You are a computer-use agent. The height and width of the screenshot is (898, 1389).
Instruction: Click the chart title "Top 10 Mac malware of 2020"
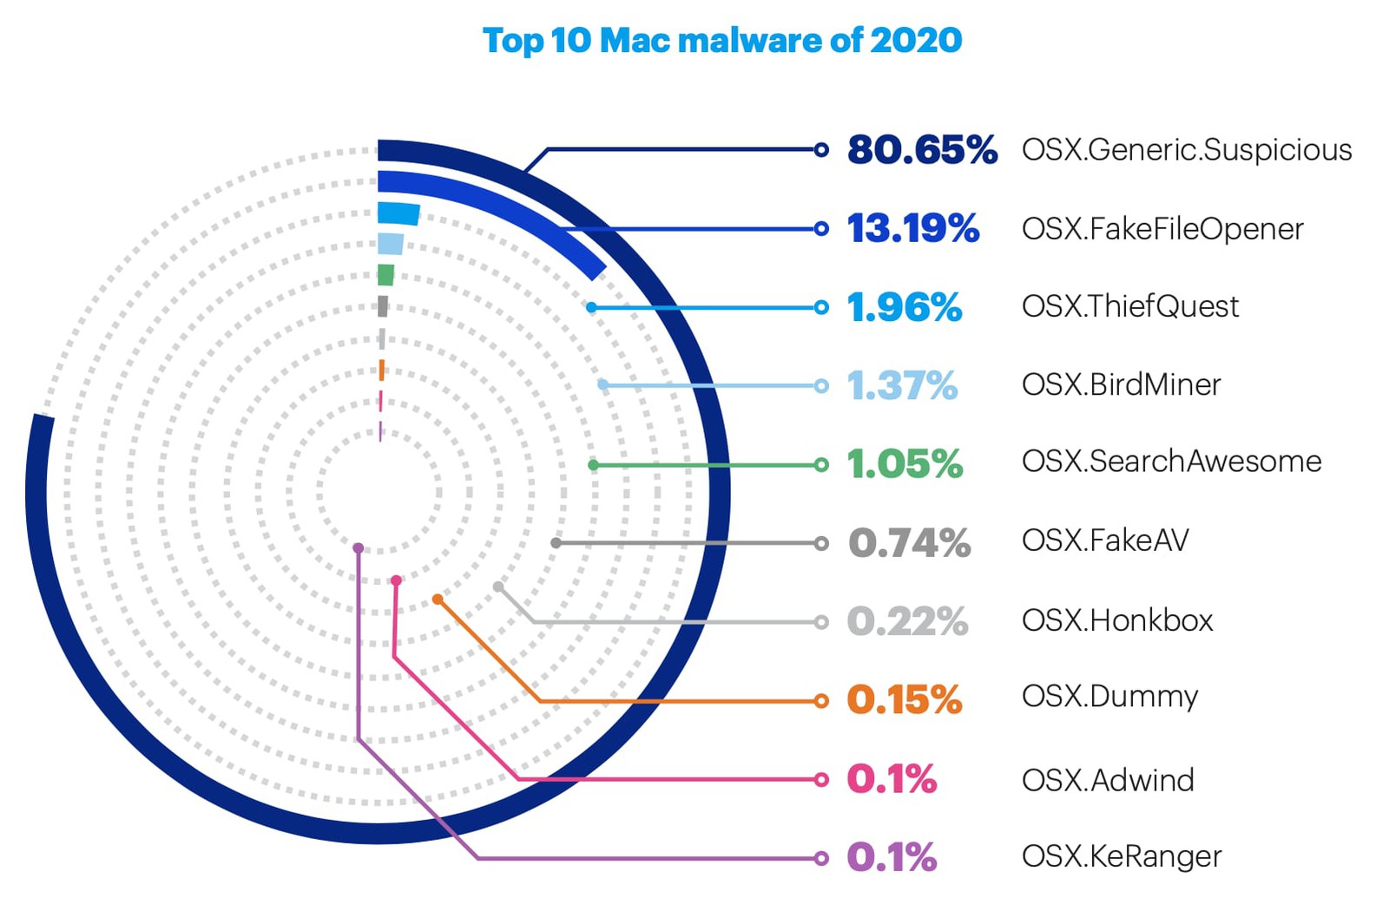tap(721, 41)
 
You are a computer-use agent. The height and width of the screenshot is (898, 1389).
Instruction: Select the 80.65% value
tap(922, 150)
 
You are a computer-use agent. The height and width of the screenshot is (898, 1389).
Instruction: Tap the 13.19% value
tap(912, 229)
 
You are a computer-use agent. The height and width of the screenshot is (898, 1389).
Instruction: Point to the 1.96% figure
tap(904, 307)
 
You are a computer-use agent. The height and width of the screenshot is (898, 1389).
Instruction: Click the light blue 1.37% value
tap(902, 386)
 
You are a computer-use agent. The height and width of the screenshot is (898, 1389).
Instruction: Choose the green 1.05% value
tap(905, 464)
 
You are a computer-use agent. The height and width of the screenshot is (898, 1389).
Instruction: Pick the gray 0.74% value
tap(909, 543)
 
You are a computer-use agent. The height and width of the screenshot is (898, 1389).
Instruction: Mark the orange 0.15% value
tap(904, 700)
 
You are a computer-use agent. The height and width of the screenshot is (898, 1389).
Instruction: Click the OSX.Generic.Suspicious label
tap(1186, 150)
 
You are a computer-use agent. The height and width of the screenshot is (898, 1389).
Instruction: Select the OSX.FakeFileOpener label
tap(1162, 229)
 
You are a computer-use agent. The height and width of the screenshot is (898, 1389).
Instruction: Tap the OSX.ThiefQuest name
tap(1130, 306)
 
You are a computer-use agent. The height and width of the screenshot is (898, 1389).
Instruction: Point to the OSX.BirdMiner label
tap(1121, 384)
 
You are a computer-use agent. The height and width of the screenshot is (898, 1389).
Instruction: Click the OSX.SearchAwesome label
tap(1171, 462)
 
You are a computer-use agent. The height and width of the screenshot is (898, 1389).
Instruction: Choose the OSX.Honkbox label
tap(1117, 620)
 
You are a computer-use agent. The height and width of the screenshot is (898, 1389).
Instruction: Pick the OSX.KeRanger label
tap(1122, 857)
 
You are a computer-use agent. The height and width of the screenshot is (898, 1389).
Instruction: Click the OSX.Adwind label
tap(1108, 780)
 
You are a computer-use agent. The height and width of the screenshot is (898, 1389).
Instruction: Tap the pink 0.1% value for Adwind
tap(892, 779)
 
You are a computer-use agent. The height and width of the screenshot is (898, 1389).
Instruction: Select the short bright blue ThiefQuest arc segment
tap(398, 213)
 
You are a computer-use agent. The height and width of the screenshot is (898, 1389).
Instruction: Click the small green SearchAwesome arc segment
tap(386, 275)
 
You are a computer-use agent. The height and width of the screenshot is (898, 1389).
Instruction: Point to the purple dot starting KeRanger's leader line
tap(358, 548)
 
